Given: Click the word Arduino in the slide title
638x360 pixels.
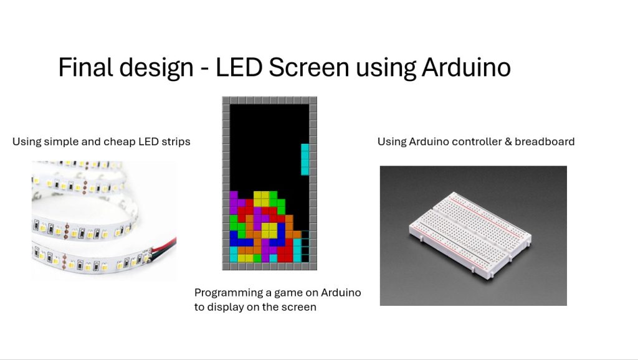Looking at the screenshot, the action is point(466,67).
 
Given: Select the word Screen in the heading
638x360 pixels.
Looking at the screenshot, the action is point(309,67).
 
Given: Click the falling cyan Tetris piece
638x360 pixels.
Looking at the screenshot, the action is point(305,159).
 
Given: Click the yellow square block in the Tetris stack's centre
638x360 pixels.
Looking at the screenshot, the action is point(269,230).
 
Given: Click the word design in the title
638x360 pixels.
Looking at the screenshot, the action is point(156,67).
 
